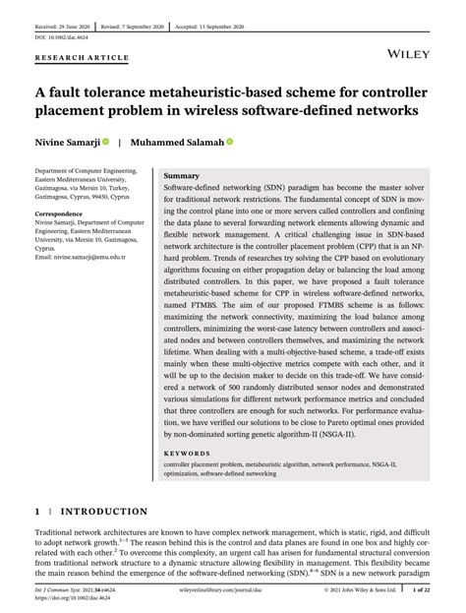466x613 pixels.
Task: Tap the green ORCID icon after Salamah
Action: coord(230,141)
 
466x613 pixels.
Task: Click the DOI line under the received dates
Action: coord(62,32)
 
